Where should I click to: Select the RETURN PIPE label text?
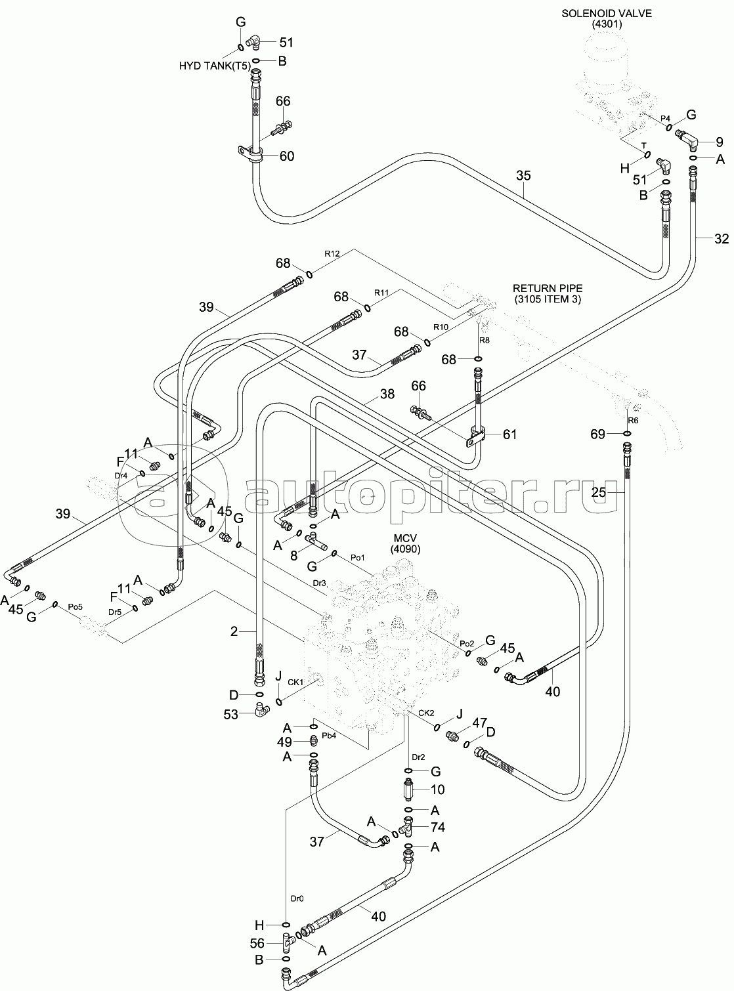click(548, 288)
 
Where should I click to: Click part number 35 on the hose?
click(523, 176)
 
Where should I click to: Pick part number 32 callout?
click(721, 240)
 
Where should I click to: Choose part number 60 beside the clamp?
click(286, 156)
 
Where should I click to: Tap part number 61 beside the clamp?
click(509, 434)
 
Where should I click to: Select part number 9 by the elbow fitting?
click(719, 141)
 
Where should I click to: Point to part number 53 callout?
click(230, 714)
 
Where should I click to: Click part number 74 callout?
click(437, 828)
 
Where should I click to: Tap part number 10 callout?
click(437, 790)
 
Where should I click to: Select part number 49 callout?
click(284, 742)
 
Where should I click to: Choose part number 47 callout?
click(479, 723)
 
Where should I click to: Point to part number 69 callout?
click(597, 434)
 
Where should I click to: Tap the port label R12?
click(332, 253)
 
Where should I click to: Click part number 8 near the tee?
click(293, 555)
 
